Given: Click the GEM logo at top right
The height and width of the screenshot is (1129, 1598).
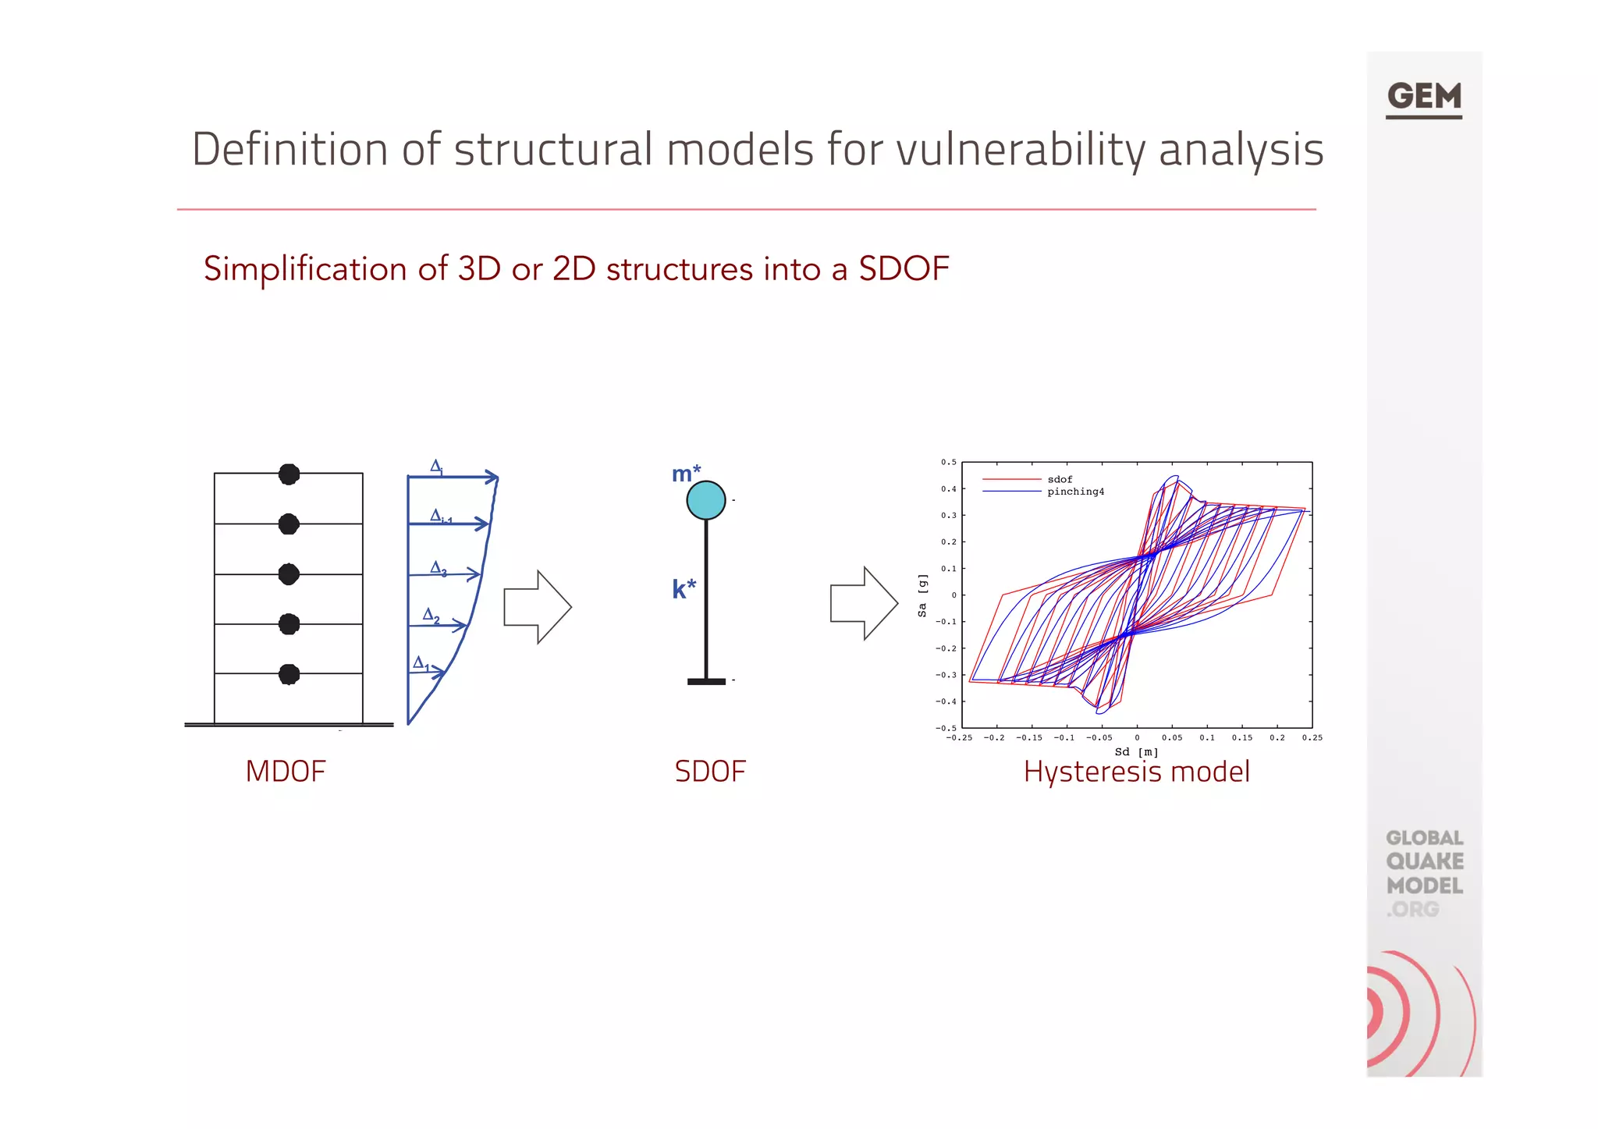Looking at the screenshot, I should tap(1423, 98).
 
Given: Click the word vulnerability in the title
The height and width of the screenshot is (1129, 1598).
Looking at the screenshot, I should tap(1020, 149).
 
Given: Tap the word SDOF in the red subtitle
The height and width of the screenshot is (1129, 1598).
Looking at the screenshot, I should tap(904, 269).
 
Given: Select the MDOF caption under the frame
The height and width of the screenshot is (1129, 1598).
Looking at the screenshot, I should tap(285, 771).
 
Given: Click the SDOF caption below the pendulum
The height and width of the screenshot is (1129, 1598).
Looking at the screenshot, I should tap(709, 771).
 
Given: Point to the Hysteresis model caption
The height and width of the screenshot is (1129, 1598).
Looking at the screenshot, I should tap(1136, 772).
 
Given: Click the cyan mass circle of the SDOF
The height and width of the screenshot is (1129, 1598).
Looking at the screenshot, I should tap(705, 500).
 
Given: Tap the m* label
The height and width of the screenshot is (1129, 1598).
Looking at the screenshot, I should tap(686, 474).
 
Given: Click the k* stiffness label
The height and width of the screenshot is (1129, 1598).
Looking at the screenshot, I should tap(684, 588).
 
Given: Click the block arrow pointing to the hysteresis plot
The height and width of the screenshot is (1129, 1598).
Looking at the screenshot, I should tap(863, 604).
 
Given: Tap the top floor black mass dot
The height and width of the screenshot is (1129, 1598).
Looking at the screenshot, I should tap(289, 474).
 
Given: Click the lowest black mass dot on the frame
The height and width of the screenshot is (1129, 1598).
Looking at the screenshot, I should tap(289, 674).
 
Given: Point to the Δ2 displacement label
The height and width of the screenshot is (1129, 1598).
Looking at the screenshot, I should tap(431, 616).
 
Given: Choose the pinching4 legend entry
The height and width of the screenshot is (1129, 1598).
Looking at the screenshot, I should tap(1075, 492).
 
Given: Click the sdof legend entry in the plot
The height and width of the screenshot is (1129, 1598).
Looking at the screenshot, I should tap(1060, 479).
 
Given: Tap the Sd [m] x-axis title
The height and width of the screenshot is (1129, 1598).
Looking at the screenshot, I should tap(1136, 751).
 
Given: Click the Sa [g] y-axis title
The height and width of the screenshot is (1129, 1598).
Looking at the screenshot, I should tap(922, 595).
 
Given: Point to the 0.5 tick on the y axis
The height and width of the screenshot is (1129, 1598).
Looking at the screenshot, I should tap(948, 463).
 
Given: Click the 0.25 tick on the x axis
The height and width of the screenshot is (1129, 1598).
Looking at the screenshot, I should tap(1312, 737).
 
